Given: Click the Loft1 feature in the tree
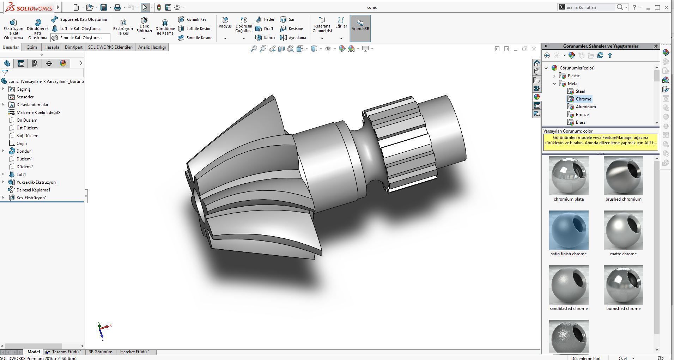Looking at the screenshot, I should tap(21, 174).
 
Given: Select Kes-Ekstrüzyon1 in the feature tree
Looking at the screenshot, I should tap(31, 197).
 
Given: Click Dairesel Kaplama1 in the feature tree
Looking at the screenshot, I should tap(33, 190).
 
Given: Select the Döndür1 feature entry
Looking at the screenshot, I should tap(24, 151).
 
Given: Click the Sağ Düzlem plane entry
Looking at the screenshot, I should tap(27, 135).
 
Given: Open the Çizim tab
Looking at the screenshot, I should tap(31, 47).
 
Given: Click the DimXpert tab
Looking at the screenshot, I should tap(73, 47).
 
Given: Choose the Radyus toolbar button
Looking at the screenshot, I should tap(225, 23).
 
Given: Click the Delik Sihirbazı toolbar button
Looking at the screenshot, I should tap(144, 25).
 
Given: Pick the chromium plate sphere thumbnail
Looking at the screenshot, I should tap(569, 176).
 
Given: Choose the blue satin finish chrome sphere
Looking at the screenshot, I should tap(569, 230).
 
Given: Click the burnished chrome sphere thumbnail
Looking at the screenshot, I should tap(623, 285).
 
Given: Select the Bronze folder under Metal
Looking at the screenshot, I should tap(582, 114).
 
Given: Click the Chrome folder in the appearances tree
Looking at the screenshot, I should tap(583, 99).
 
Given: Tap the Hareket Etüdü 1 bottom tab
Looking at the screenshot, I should tap(135, 352).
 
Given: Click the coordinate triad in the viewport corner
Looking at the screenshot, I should tap(103, 330).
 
